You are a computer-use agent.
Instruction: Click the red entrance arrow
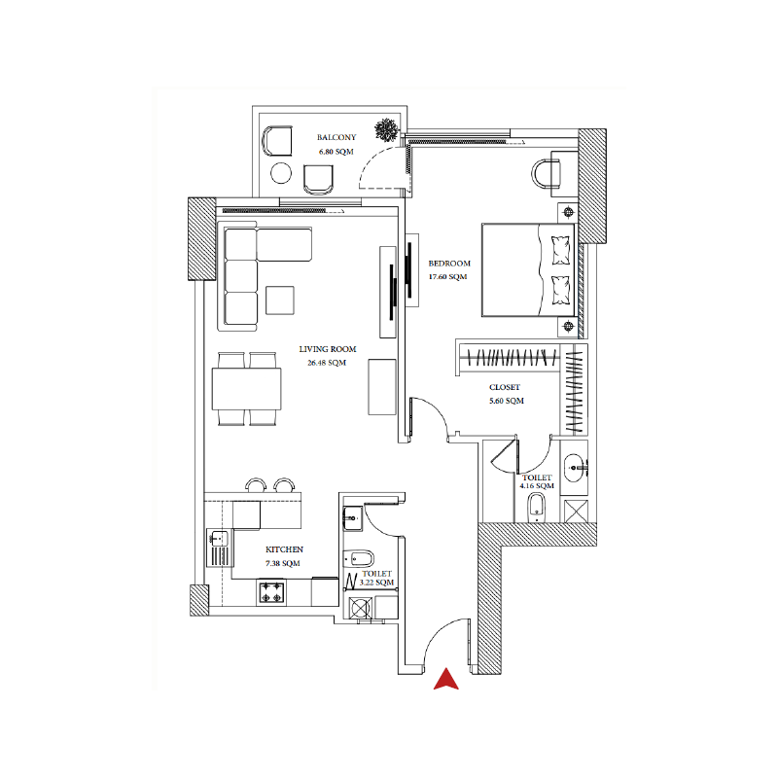pos(446,680)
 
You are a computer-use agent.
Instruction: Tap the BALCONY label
pos(335,138)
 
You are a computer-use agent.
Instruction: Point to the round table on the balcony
pos(281,174)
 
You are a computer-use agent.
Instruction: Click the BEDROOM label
pos(449,264)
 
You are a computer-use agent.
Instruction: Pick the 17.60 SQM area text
pos(449,277)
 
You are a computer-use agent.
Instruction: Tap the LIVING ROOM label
pos(328,349)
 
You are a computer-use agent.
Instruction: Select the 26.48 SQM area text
pos(328,363)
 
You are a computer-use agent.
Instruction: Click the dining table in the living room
pos(247,389)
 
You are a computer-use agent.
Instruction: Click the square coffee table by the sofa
pos(281,300)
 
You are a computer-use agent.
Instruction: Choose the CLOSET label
pos(504,387)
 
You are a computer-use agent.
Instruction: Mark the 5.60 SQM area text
pos(506,401)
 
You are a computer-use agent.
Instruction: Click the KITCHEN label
pos(284,549)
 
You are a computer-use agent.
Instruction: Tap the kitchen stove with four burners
pos(271,590)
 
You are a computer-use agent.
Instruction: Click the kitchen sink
pos(219,538)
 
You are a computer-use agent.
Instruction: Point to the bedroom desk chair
pos(548,173)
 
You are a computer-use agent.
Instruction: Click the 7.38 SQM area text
pos(283,563)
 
